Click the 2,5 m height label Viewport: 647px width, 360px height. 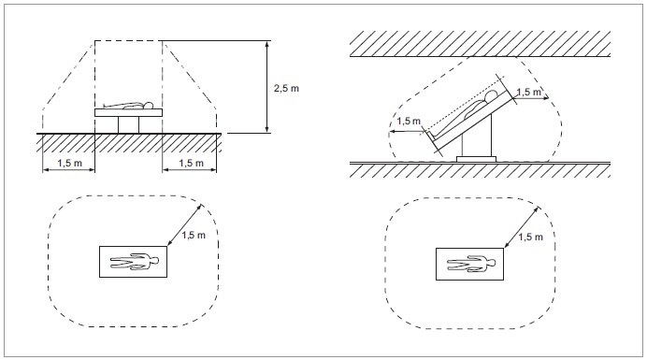pyautogui.click(x=286, y=88)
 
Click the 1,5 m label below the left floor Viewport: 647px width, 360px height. pyautogui.click(x=70, y=163)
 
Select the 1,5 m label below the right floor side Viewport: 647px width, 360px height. pyautogui.click(x=191, y=163)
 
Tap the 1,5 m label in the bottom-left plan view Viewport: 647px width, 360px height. pyautogui.click(x=194, y=236)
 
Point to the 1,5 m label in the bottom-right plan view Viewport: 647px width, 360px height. pyautogui.click(x=530, y=237)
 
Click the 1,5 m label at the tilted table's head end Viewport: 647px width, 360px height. pyautogui.click(x=528, y=92)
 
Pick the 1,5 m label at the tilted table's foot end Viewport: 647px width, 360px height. pyautogui.click(x=409, y=122)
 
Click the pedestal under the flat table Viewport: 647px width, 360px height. pyautogui.click(x=128, y=124)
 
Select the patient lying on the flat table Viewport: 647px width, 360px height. pyautogui.click(x=128, y=106)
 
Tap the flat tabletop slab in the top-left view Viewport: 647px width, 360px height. pyautogui.click(x=128, y=113)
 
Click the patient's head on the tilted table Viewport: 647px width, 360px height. pyautogui.click(x=490, y=96)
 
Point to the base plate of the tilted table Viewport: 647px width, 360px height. pyautogui.click(x=476, y=159)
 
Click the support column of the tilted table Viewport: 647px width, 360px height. pyautogui.click(x=477, y=137)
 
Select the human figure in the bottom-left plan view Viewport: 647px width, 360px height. pyautogui.click(x=134, y=262)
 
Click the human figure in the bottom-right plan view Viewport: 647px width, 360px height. pyautogui.click(x=471, y=264)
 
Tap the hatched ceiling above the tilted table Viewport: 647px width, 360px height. pyautogui.click(x=480, y=44)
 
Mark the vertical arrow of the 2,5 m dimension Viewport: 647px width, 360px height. pyautogui.click(x=267, y=87)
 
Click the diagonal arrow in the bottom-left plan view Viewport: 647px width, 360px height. pyautogui.click(x=184, y=225)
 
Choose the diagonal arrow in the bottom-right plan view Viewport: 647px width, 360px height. pyautogui.click(x=521, y=227)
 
